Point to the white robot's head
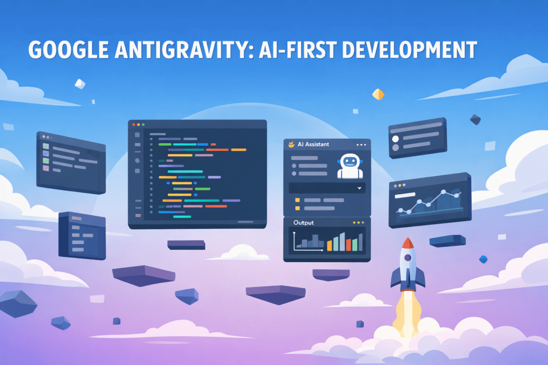pyautogui.click(x=350, y=162)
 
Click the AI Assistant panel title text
pyautogui.click(x=313, y=145)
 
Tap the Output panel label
pyautogui.click(x=303, y=223)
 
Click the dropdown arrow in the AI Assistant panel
pyautogui.click(x=360, y=188)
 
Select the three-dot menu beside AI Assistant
pyautogui.click(x=361, y=145)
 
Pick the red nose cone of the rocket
pyautogui.click(x=408, y=243)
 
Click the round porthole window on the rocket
pyautogui.click(x=408, y=258)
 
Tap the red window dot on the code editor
pyautogui.click(x=133, y=125)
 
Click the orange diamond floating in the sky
pyautogui.click(x=378, y=95)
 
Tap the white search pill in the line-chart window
pyautogui.click(x=406, y=194)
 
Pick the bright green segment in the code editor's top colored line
pyautogui.click(x=165, y=145)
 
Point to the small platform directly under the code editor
pyautogui.click(x=186, y=244)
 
